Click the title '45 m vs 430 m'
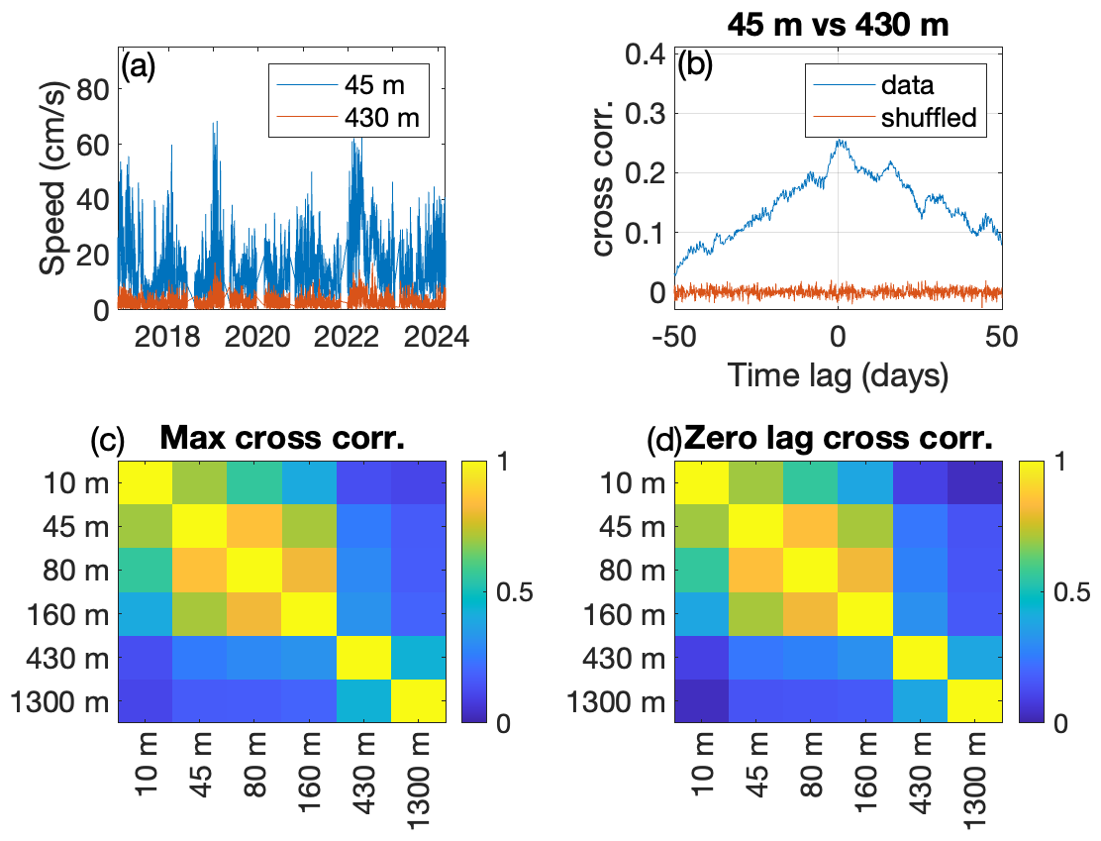coord(838,26)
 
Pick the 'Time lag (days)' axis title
coord(838,375)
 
